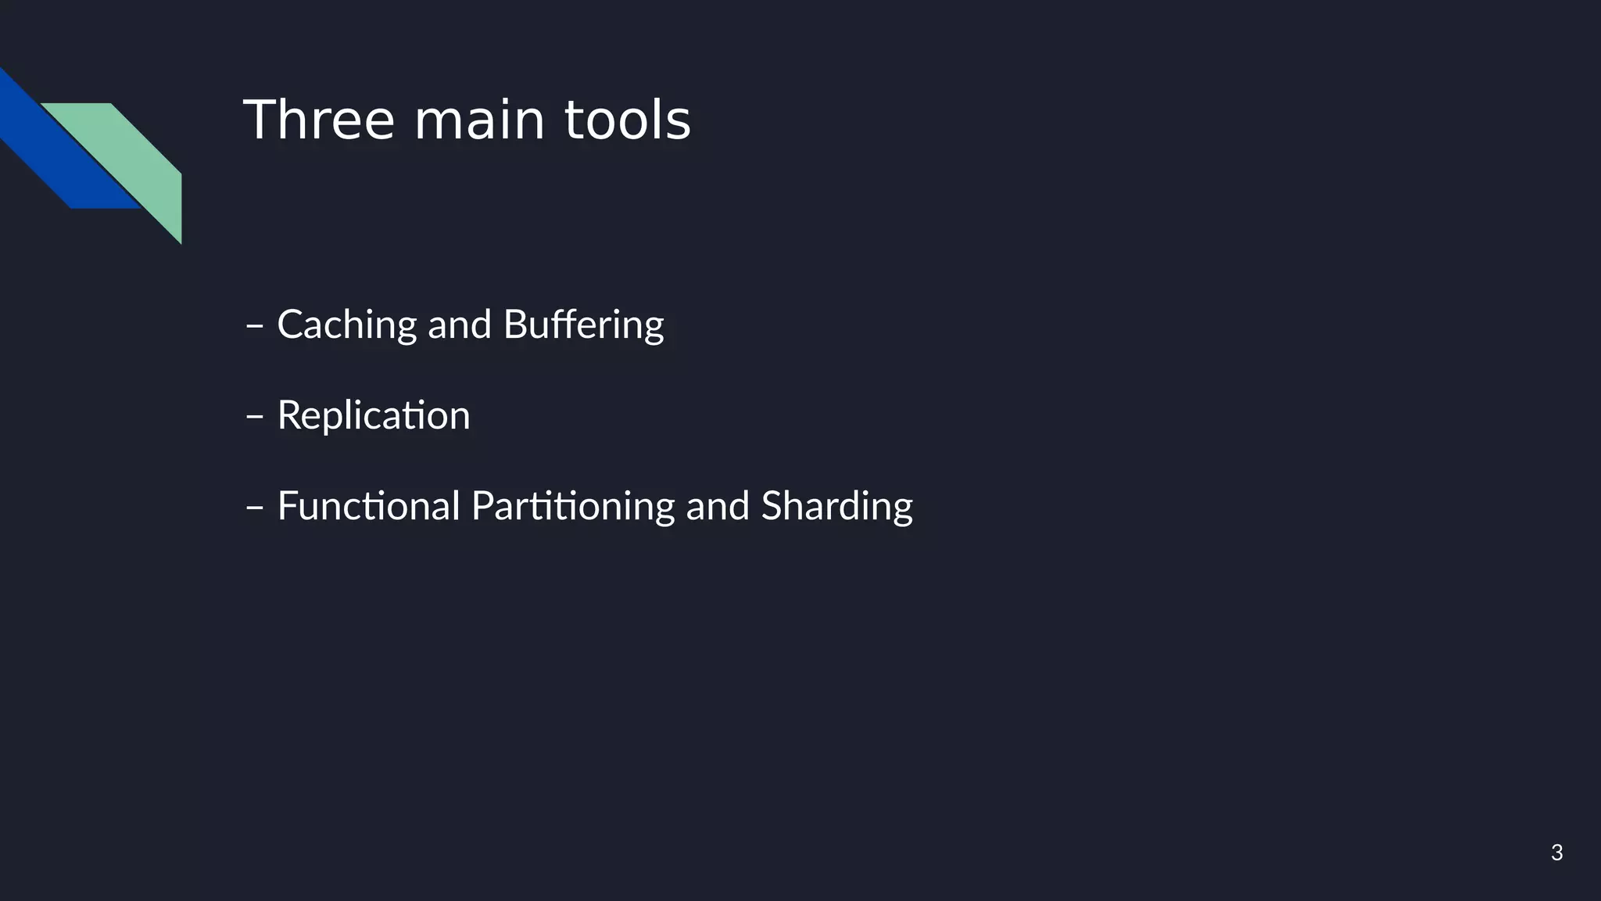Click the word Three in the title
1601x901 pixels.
(x=319, y=120)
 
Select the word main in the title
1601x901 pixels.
(x=478, y=120)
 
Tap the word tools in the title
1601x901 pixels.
(x=627, y=120)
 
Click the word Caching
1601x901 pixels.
(x=347, y=325)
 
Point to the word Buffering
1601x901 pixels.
(x=583, y=325)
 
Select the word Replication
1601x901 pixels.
(x=374, y=415)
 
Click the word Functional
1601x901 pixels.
(x=368, y=506)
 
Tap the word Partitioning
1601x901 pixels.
(x=572, y=506)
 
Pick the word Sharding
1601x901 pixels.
(x=836, y=506)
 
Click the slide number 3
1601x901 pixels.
(x=1556, y=853)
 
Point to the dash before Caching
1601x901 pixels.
(x=254, y=325)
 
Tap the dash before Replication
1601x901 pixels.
(x=254, y=416)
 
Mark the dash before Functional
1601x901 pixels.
(x=254, y=507)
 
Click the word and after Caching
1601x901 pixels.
(x=459, y=325)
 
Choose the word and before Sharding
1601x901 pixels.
(x=718, y=506)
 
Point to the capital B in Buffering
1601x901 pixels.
(x=515, y=325)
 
